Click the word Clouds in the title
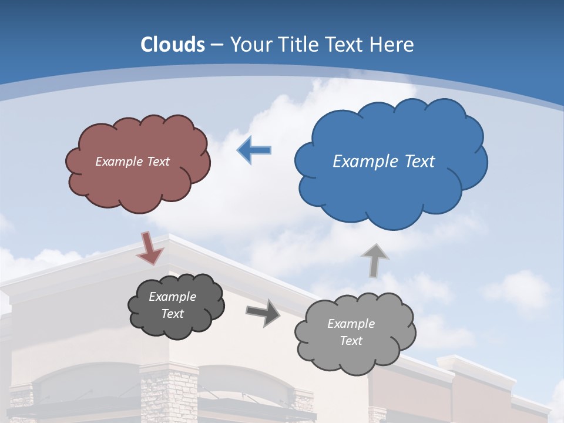coord(173,45)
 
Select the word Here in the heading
coord(393,45)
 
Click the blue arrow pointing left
coord(254,150)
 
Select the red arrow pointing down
coord(150,249)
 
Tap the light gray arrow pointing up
coord(374,260)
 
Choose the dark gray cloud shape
coord(176,305)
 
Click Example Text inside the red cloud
coord(132,162)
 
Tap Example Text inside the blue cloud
coord(384,162)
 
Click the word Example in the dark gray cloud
coord(172,297)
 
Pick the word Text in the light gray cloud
coord(351,341)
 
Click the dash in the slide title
coord(216,45)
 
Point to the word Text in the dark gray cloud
coord(172,314)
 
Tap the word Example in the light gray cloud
coord(351,324)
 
